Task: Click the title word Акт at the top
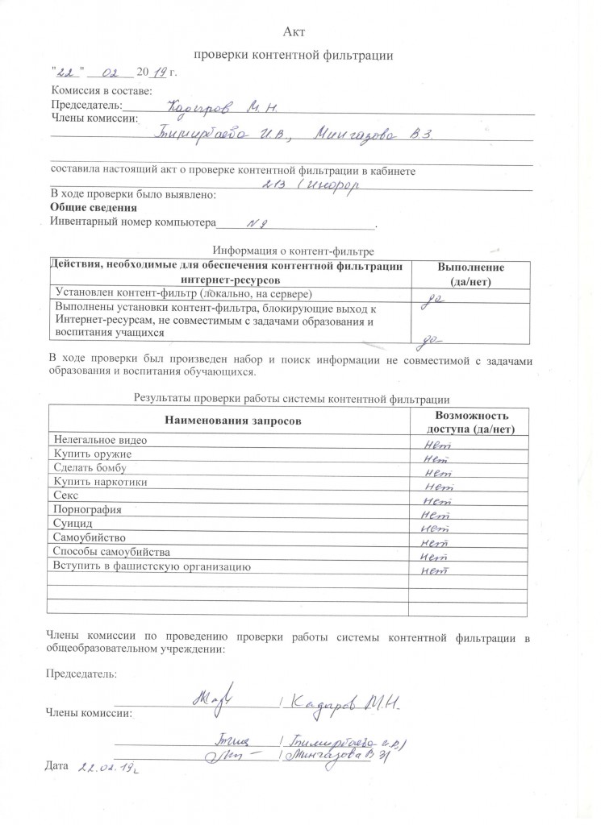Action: [x=294, y=31]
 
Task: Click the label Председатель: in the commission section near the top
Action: [x=86, y=105]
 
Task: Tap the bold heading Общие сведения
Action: [x=87, y=207]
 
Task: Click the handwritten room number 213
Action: [x=274, y=184]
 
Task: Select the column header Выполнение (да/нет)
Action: [x=470, y=274]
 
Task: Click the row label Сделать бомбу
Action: [x=93, y=468]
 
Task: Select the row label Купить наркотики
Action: [x=99, y=482]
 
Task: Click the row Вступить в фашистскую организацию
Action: [x=146, y=566]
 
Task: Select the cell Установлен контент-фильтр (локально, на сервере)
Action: [x=182, y=292]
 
